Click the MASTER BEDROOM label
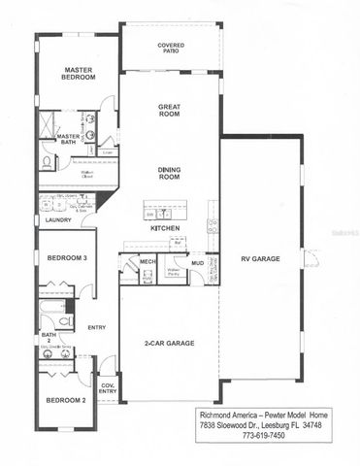click(x=78, y=74)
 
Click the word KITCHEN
click(x=164, y=227)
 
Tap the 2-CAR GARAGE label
click(x=167, y=343)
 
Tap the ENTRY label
click(x=96, y=327)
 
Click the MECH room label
click(x=148, y=261)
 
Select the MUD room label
click(x=197, y=261)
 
